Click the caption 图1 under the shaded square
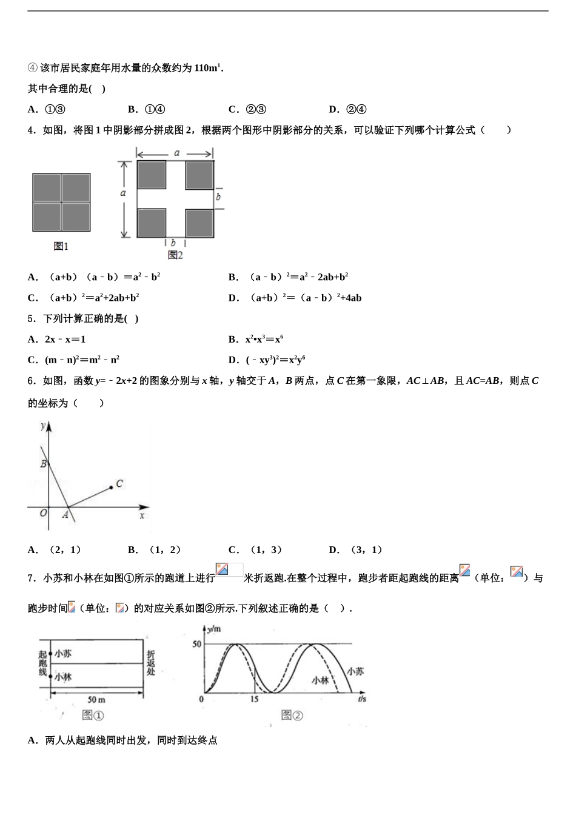tap(61, 246)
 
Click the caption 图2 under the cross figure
tap(175, 255)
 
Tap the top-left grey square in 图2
tap(152, 175)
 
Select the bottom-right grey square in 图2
tap(199, 223)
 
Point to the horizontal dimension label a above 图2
tap(176, 153)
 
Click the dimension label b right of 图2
tap(218, 196)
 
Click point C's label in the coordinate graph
tap(119, 483)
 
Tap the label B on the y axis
tap(44, 464)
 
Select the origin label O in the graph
tap(43, 513)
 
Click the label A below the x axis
tap(65, 515)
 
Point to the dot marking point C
tap(111, 487)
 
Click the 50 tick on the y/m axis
tap(197, 644)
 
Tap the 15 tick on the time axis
tap(253, 699)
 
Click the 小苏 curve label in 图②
tap(355, 671)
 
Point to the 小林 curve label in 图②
tap(320, 680)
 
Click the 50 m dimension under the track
tap(96, 700)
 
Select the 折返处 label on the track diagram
tap(151, 663)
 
